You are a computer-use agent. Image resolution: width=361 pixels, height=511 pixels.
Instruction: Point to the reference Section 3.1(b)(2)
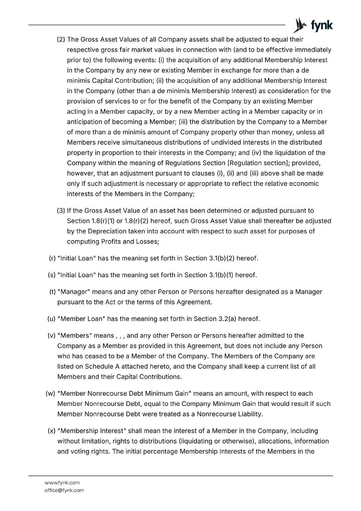[210, 258]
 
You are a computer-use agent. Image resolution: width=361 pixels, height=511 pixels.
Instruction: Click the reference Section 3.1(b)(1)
[209, 275]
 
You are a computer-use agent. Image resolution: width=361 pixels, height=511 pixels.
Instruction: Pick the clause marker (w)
[51, 393]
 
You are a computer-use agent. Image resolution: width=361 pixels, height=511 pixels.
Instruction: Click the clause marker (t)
[52, 292]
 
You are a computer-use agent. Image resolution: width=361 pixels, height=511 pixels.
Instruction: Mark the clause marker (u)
[51, 319]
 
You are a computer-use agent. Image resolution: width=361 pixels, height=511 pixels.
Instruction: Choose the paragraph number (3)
[61, 211]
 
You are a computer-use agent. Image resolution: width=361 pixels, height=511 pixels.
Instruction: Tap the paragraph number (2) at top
[61, 40]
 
